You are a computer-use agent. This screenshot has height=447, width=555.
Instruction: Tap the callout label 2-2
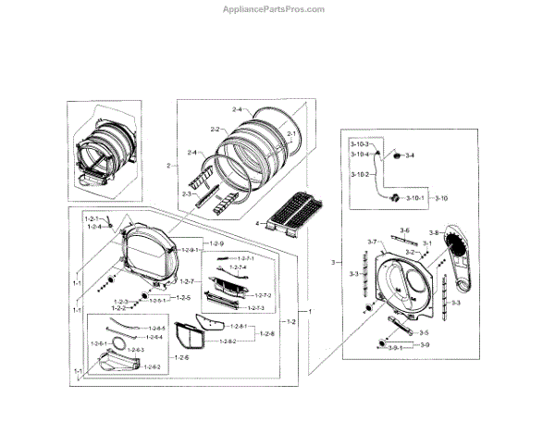click(215, 129)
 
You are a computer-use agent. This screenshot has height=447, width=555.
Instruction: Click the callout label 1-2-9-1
click(191, 250)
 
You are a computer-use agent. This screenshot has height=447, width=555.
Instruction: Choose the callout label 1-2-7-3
click(255, 308)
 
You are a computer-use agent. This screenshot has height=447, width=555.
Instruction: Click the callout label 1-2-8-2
click(224, 341)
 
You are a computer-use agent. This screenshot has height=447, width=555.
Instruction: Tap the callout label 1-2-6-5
click(154, 328)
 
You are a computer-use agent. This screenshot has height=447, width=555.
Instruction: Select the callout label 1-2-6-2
click(151, 367)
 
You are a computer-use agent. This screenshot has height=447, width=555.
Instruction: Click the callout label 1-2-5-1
click(159, 299)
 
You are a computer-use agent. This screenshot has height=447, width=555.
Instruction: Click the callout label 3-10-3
click(358, 145)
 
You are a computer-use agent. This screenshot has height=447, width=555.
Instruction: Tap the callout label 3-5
click(423, 332)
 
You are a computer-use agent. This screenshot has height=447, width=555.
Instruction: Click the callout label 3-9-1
click(396, 346)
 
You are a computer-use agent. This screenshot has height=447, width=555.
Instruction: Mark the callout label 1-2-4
click(94, 226)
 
